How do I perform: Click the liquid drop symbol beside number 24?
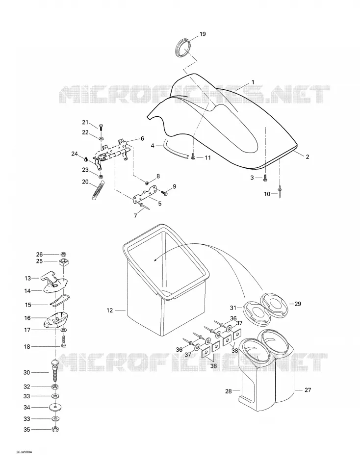(86, 159)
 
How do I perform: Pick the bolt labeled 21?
(101, 127)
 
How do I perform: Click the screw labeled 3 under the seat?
(265, 179)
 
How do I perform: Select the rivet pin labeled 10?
(280, 190)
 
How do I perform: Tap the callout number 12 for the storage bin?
(110, 311)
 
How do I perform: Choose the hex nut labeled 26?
(63, 254)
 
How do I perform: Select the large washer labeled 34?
(55, 407)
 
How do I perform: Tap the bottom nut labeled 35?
(55, 429)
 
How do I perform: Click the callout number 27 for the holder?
(308, 389)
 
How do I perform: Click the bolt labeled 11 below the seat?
(193, 157)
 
